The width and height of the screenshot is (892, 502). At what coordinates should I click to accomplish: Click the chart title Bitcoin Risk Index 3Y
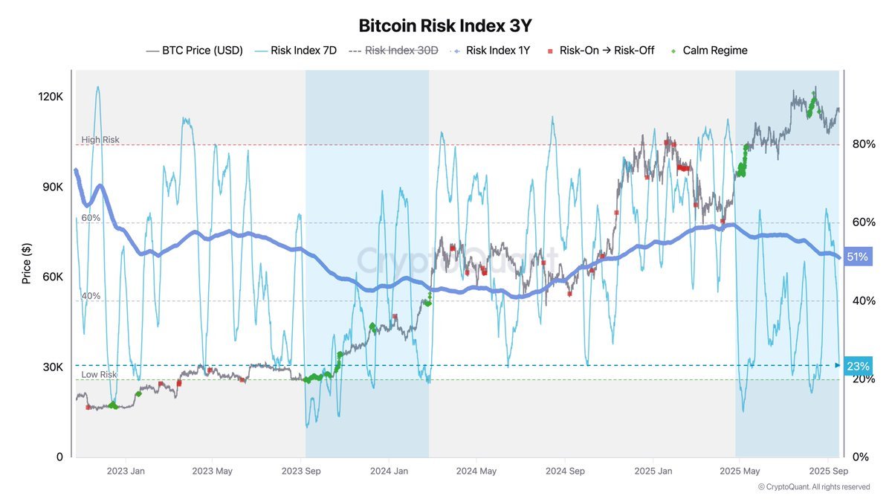coord(445,25)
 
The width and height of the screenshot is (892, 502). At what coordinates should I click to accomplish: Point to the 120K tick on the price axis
coord(51,97)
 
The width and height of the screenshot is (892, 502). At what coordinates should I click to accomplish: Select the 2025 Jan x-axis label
coord(653,471)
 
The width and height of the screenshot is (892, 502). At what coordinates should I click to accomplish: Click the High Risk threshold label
coord(100,140)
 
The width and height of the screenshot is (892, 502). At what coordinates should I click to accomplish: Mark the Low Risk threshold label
coord(100,375)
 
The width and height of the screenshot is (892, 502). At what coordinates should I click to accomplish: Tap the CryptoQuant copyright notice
coord(813,487)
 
